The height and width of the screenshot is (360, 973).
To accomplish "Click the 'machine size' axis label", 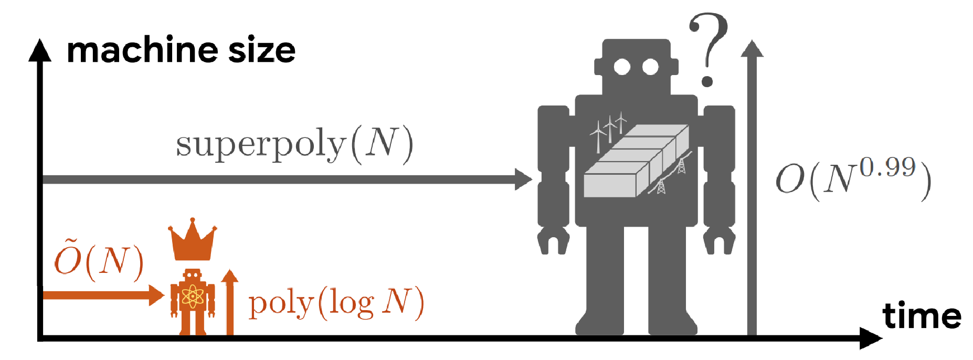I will (181, 51).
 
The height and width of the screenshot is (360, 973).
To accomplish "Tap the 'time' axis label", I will (922, 316).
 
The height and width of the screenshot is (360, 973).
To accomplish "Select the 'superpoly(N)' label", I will (294, 145).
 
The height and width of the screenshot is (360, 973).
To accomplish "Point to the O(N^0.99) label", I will (853, 178).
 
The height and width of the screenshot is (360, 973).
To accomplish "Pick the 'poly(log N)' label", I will (336, 303).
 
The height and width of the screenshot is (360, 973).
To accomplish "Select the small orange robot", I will (193, 302).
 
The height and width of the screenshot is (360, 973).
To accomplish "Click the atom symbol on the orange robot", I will (193, 297).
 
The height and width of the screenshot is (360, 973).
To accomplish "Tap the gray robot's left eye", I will (622, 67).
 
